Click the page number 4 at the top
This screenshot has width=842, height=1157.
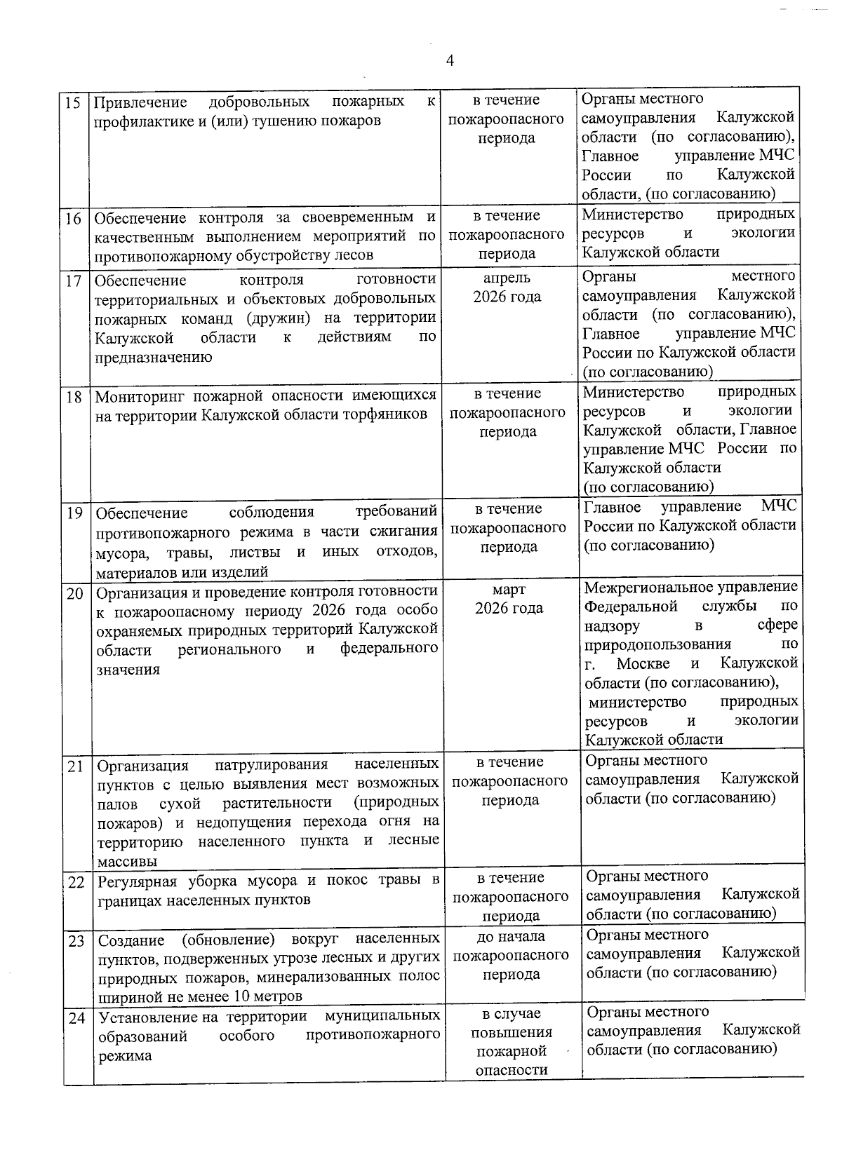pos(450,61)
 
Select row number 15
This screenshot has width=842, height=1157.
pos(72,102)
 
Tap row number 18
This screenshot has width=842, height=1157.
pos(74,398)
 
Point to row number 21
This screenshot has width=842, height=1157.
pos(75,766)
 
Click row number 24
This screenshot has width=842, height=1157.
pos(76,1018)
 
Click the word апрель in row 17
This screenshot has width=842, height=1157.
pos(507,278)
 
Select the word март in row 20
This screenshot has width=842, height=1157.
pos(509,589)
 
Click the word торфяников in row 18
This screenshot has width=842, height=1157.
pos(388,414)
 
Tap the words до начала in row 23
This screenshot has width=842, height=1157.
pos(510,936)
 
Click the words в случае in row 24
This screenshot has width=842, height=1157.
pos(511,1014)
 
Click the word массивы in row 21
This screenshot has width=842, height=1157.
pos(127,861)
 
